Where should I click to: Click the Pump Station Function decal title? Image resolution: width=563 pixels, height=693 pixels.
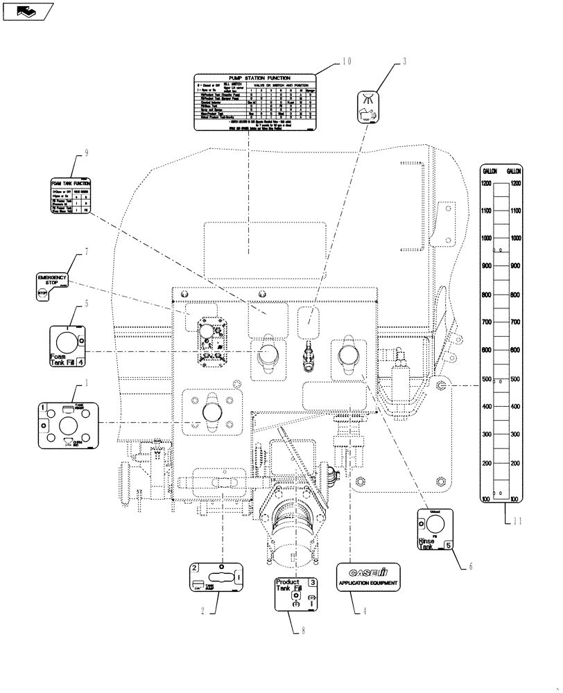pos(254,78)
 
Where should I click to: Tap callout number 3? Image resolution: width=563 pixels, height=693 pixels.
pos(404,62)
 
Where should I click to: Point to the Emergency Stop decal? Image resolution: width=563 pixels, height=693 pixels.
pos(52,286)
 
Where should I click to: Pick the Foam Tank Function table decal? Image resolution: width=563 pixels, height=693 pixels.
pos(72,197)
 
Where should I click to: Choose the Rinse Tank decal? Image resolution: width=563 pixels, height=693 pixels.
pos(435,530)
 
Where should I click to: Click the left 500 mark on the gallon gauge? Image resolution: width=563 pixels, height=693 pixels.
pos(487,379)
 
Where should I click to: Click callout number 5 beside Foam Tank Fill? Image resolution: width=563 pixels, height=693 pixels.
pos(87,303)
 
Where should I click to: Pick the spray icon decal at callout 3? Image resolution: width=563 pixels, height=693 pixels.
pos(369,107)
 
